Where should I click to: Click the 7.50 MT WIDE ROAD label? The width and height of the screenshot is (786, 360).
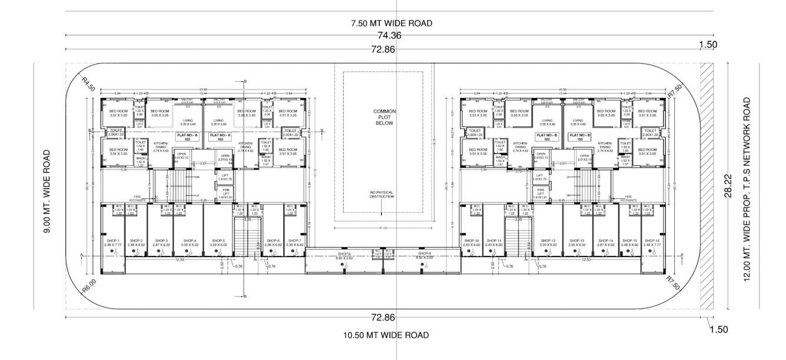point(391,24)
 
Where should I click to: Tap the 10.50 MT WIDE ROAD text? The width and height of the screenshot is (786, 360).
point(386,335)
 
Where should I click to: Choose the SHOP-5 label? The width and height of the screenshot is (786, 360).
point(218,242)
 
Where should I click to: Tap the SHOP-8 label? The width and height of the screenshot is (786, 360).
point(345,255)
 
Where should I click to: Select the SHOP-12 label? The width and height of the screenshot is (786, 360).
point(548,242)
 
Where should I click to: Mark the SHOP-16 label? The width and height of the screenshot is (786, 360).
point(651,242)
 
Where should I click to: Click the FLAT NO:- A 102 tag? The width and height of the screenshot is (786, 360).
point(188,137)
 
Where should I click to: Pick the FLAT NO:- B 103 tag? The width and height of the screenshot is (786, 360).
point(579,137)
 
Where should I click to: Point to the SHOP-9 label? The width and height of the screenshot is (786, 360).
point(425,255)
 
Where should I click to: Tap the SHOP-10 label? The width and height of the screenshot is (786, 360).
point(472,242)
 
